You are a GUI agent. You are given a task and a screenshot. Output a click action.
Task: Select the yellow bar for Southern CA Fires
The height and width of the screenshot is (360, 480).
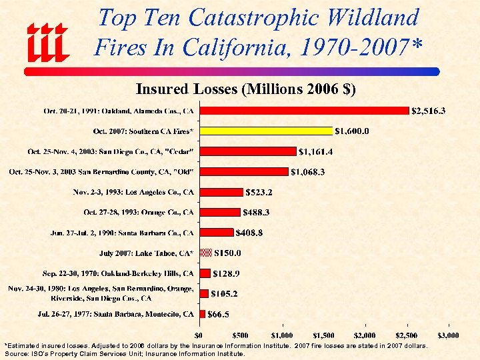(265, 131)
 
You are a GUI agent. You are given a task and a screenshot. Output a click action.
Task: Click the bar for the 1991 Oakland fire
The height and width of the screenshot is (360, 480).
(303, 111)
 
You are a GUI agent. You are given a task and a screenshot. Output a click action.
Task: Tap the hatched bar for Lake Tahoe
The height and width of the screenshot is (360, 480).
(205, 253)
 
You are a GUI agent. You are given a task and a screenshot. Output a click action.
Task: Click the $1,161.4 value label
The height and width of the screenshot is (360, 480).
(317, 151)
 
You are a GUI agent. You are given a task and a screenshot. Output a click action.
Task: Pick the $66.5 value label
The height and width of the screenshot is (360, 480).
(219, 314)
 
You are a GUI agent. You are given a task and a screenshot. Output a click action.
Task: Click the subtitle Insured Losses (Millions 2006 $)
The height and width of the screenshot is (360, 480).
(245, 89)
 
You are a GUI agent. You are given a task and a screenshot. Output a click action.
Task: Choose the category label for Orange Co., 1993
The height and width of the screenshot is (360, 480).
(139, 213)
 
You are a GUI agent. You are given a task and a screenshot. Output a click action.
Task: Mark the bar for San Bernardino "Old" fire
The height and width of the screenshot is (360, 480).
(243, 171)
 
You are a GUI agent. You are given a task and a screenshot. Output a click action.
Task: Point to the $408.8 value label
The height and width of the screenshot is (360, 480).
(254, 233)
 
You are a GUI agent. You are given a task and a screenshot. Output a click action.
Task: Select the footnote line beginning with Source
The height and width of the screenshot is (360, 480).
(125, 354)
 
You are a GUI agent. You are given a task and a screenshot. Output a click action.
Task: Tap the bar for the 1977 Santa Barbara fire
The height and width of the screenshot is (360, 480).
(202, 313)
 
